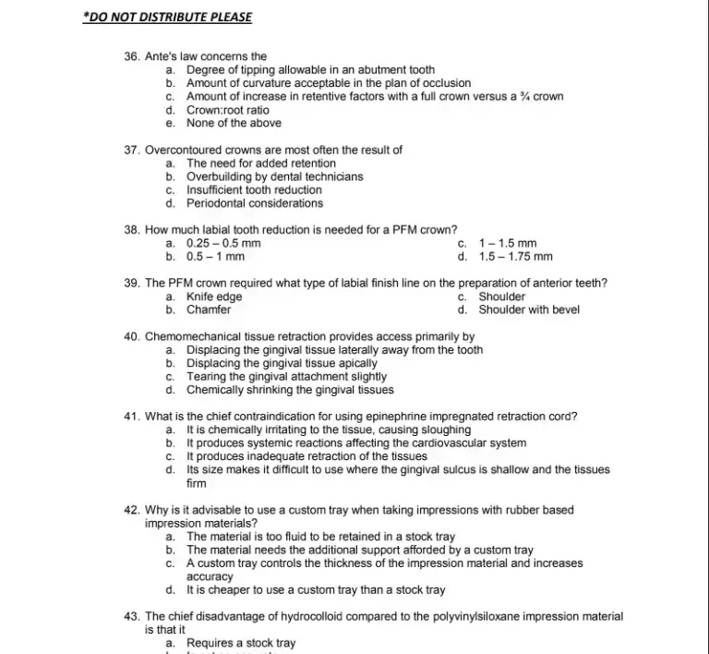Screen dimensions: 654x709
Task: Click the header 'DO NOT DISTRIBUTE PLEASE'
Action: pos(167,17)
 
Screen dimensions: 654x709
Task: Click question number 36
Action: pos(132,56)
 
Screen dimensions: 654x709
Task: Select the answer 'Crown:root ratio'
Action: pos(228,110)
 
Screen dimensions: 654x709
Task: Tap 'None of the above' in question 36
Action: pos(234,123)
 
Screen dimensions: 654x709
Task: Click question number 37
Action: pos(132,150)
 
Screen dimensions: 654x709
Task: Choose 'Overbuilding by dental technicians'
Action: pos(274,176)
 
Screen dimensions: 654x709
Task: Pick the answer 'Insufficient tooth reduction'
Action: pos(254,190)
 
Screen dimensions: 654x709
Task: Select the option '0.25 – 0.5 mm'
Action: pos(223,244)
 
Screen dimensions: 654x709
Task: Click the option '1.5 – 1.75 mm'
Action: pos(515,257)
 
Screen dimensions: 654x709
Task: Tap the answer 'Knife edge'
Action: pos(214,297)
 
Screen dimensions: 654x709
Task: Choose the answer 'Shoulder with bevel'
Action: pos(529,310)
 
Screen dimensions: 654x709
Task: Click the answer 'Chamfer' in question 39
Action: pos(209,310)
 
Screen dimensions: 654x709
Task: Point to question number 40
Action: pos(132,337)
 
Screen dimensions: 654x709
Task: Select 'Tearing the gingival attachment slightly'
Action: pos(286,377)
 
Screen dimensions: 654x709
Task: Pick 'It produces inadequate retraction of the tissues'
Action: pos(306,456)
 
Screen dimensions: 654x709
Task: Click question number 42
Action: pos(132,510)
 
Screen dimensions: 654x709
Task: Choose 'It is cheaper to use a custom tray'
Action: pos(316,589)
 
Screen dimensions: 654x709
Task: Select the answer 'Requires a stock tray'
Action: pos(240,643)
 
